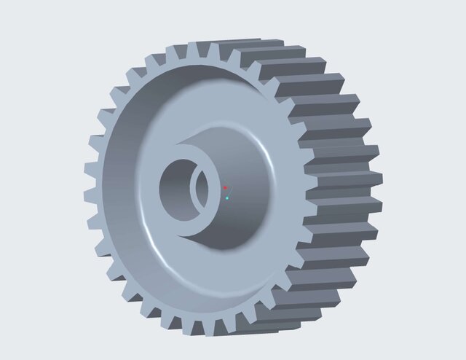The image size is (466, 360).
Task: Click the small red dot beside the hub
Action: tap(226, 188)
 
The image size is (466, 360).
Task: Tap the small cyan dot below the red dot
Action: tap(227, 197)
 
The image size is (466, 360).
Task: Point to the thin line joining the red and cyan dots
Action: tap(226, 193)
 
